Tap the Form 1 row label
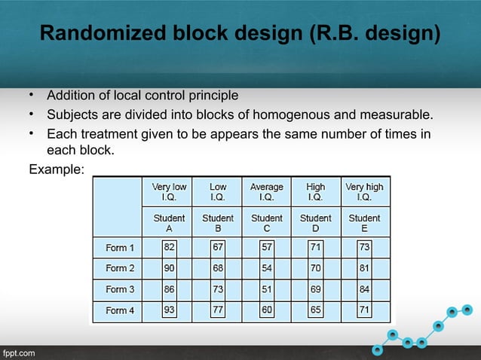[x=121, y=247]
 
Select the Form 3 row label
[x=121, y=289]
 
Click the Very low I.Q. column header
[x=170, y=191]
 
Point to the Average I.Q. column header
[x=267, y=191]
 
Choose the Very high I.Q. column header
[x=364, y=191]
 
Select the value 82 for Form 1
[x=170, y=247]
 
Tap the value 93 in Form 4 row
[x=170, y=310]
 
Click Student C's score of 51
[x=267, y=289]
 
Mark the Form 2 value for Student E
[x=364, y=268]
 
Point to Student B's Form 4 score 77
[x=218, y=310]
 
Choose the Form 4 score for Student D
[x=315, y=310]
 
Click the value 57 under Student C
[x=267, y=247]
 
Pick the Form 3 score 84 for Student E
[x=364, y=289]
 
